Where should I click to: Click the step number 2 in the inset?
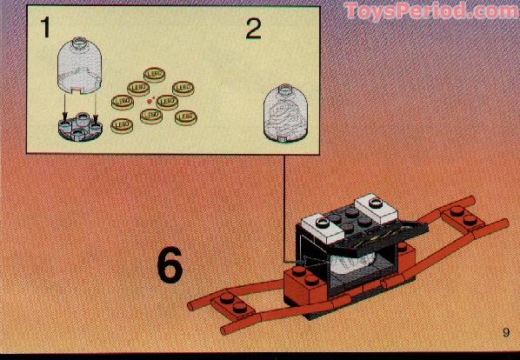pos(253,29)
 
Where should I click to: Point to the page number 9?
pos(504,331)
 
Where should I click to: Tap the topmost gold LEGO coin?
pos(155,75)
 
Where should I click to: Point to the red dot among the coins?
pos(150,103)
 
